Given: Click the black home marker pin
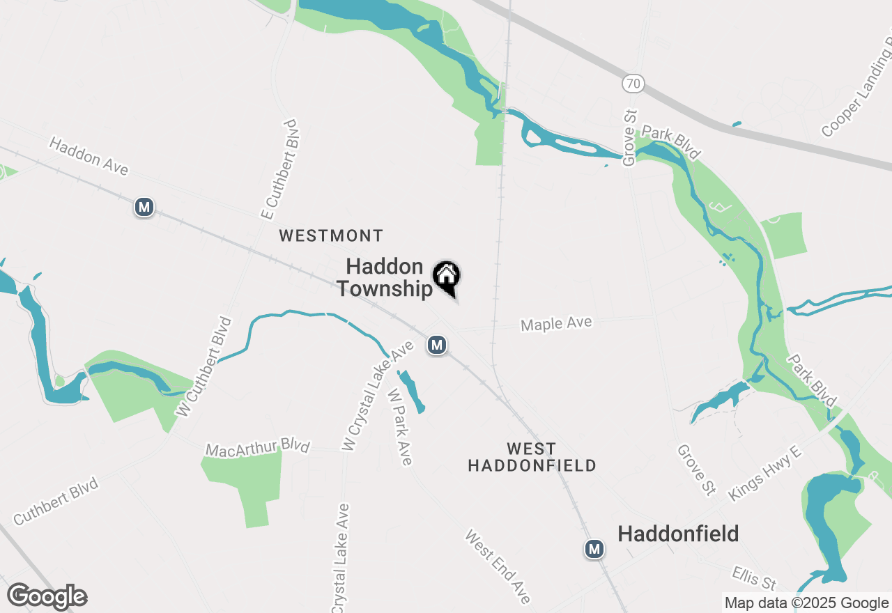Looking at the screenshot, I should point(446,277).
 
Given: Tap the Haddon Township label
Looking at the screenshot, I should point(385,277).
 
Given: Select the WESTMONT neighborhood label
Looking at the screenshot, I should point(331,236).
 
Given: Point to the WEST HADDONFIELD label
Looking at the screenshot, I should point(532,457).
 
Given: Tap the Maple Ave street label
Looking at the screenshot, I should point(556,324).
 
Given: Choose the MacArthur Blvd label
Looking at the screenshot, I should point(257,448).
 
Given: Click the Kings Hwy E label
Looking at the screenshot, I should point(765,474).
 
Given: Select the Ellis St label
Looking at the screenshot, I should point(754,577).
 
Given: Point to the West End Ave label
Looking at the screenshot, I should point(498,566).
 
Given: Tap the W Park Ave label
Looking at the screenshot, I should point(400,426).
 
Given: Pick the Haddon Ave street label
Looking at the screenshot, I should point(89,156).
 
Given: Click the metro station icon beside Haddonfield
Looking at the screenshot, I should point(594,549).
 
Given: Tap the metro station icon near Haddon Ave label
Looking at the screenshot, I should point(144,207).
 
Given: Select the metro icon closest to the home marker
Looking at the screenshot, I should point(437,345).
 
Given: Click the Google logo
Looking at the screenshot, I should point(47,597).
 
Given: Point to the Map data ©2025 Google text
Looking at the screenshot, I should point(806,603).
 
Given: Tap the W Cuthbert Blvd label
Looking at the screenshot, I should point(204,367).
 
